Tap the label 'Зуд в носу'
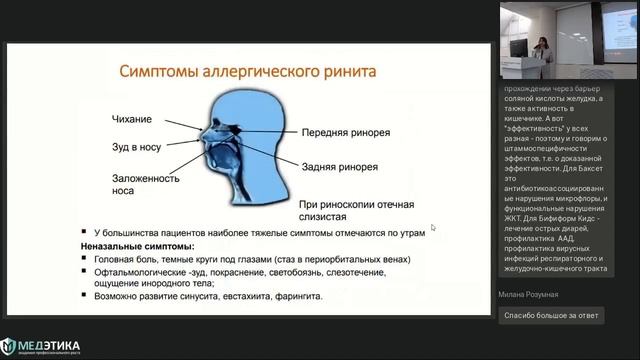click(x=139, y=147)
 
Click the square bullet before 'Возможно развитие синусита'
click(x=86, y=297)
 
